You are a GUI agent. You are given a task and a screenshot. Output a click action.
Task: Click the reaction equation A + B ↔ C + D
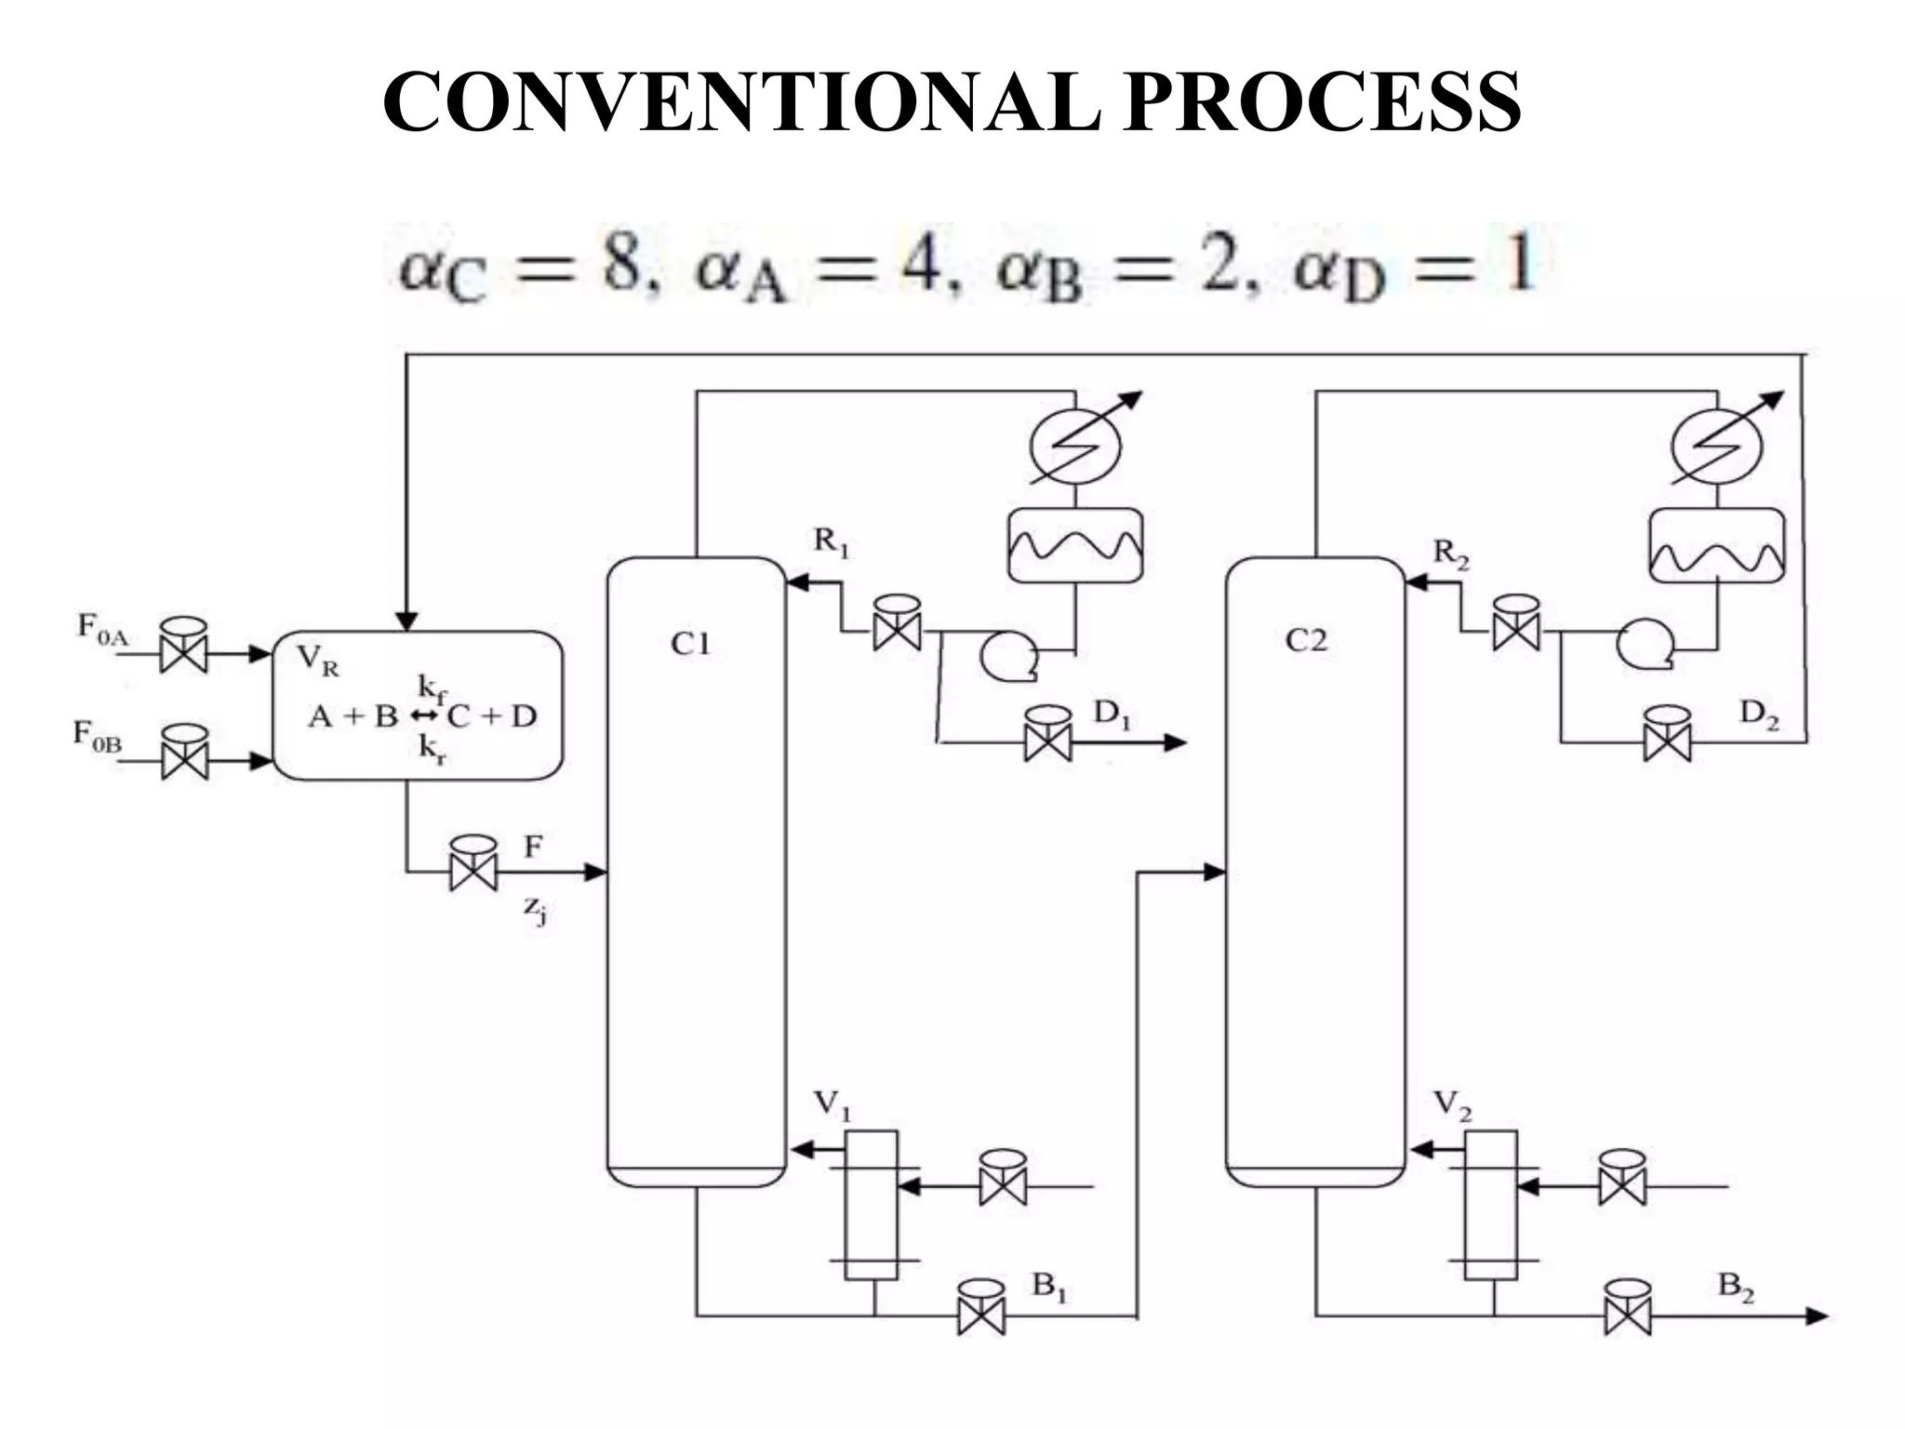tap(423, 715)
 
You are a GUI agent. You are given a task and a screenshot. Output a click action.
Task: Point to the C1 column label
tap(690, 643)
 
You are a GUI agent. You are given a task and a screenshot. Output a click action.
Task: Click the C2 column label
tap(1306, 640)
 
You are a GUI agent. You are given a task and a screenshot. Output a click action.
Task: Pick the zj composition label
tap(534, 909)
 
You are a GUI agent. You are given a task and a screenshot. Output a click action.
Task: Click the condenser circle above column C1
tap(1075, 447)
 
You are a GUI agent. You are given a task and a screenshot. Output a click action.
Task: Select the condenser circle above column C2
tap(1716, 447)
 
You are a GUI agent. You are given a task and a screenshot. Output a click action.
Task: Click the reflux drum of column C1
tap(1075, 545)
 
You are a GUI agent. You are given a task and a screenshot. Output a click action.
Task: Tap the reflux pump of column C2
tap(1645, 645)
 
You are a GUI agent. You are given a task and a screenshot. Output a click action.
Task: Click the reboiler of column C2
tap(1491, 1205)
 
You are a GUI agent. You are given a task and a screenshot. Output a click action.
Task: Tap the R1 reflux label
tap(831, 541)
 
